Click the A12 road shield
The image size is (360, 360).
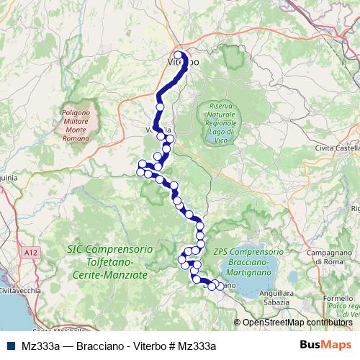point(29,253)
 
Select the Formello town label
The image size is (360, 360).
point(337,298)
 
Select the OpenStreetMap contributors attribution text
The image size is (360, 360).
point(297,323)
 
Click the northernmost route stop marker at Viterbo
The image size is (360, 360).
point(178,55)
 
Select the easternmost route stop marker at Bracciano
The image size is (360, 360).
point(220,287)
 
